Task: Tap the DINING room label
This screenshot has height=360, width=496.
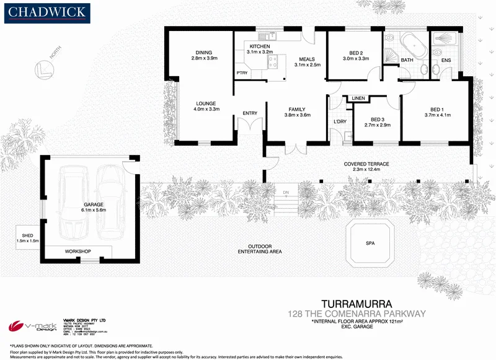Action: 204,52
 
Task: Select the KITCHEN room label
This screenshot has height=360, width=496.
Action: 260,46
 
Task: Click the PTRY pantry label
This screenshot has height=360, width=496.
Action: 242,73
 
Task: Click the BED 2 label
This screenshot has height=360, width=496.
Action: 356,53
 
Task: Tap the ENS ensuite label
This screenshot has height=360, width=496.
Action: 446,60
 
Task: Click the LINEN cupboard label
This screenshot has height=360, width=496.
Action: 358,99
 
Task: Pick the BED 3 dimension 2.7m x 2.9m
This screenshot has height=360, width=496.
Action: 376,125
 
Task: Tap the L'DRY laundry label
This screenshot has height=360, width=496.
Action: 339,121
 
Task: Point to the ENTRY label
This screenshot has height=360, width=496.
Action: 250,113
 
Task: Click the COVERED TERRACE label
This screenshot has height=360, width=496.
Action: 366,164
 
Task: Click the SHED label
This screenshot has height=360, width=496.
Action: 27,235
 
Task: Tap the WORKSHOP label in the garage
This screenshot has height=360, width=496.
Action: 78,251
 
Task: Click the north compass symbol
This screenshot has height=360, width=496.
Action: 43,68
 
